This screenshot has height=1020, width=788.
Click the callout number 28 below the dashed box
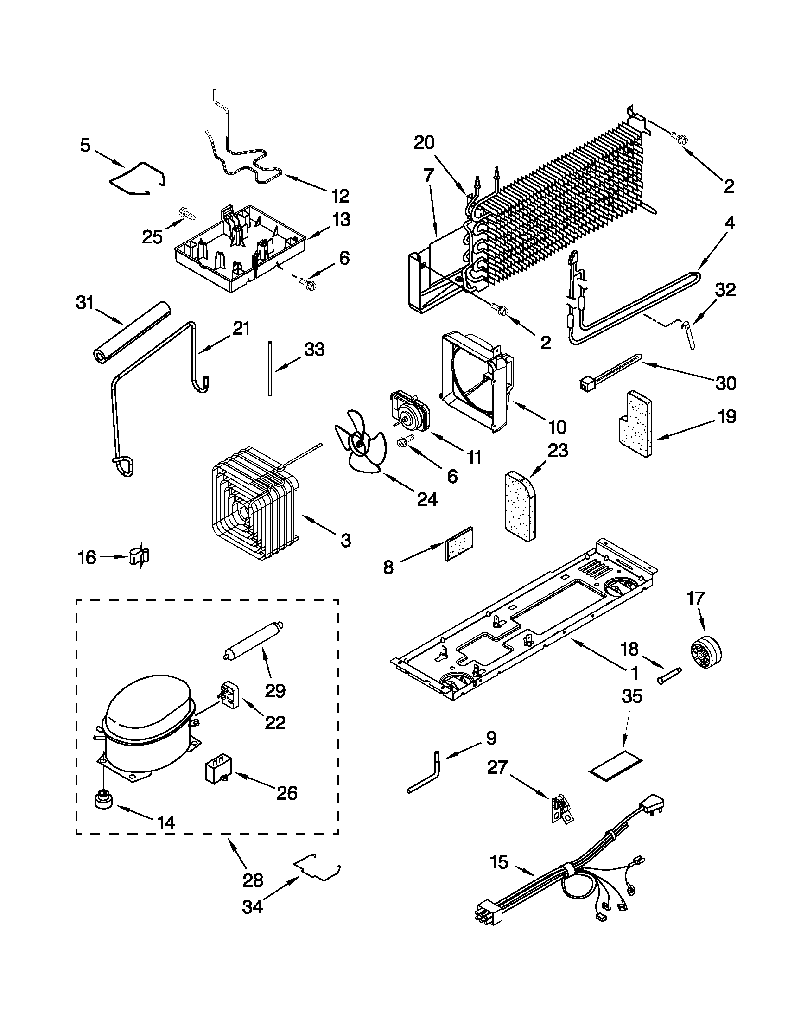[x=253, y=880]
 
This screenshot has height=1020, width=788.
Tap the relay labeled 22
[x=231, y=696]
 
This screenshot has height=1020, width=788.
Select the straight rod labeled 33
[x=270, y=369]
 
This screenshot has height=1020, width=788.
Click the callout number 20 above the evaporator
[x=424, y=142]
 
